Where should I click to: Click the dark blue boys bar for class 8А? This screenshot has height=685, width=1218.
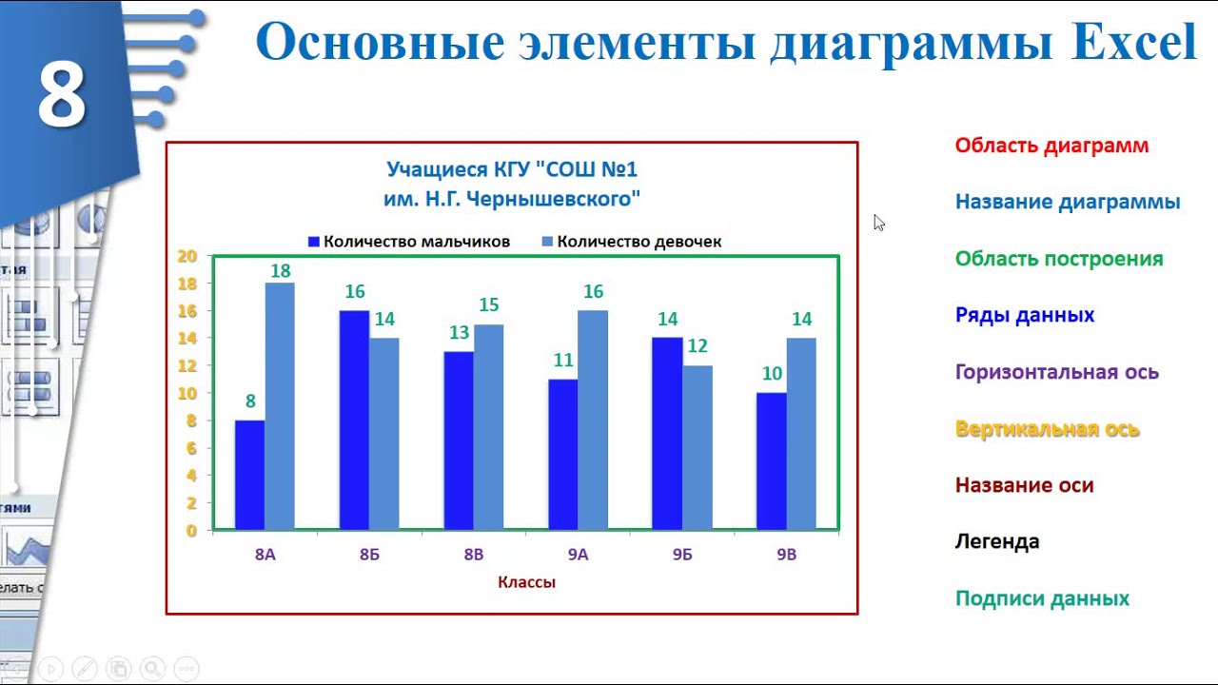pyautogui.click(x=249, y=475)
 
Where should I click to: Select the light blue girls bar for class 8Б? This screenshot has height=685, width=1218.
pyautogui.click(x=384, y=433)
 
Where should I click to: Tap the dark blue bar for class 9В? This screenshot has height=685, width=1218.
pyautogui.click(x=771, y=460)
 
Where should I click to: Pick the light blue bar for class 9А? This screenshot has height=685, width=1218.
pyautogui.click(x=593, y=420)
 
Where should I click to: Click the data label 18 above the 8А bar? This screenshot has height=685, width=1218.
pyautogui.click(x=280, y=271)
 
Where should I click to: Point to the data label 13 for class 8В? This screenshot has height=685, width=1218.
pyautogui.click(x=459, y=333)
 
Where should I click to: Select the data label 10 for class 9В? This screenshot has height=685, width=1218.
pyautogui.click(x=772, y=374)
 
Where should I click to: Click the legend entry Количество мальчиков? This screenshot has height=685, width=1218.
pyautogui.click(x=416, y=242)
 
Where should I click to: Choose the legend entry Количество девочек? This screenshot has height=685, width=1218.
pyautogui.click(x=638, y=242)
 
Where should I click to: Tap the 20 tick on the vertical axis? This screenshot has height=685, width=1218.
pyautogui.click(x=187, y=256)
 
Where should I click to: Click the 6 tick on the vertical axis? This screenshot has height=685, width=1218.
pyautogui.click(x=191, y=448)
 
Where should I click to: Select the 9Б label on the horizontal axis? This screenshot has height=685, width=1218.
pyautogui.click(x=682, y=555)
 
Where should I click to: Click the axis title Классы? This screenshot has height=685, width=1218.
pyautogui.click(x=526, y=582)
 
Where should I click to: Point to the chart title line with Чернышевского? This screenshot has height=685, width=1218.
pyautogui.click(x=512, y=199)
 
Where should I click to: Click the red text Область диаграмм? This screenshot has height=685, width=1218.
pyautogui.click(x=1051, y=146)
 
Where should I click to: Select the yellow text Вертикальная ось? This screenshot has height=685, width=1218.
pyautogui.click(x=1047, y=429)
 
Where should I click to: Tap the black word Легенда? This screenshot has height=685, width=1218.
pyautogui.click(x=997, y=541)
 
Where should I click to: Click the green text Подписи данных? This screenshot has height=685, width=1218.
pyautogui.click(x=1042, y=598)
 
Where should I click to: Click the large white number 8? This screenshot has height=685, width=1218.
pyautogui.click(x=62, y=96)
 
